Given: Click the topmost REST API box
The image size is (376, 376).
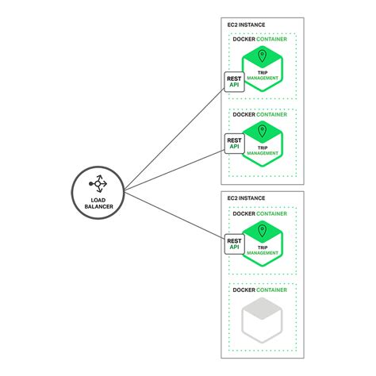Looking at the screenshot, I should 234,81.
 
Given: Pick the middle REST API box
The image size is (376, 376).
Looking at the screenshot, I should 234,143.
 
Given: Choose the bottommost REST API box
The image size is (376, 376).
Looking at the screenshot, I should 234,244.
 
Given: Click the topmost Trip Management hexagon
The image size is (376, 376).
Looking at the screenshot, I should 263,69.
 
